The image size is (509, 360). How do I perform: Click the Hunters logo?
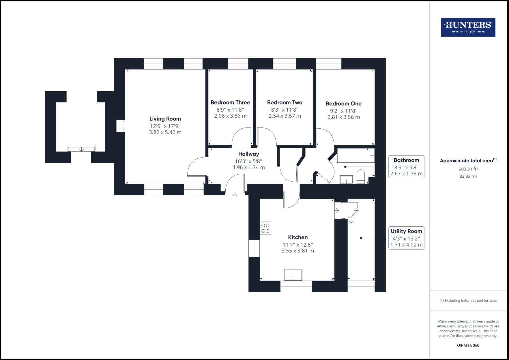[468, 27]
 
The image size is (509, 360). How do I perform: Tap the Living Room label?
[165, 119]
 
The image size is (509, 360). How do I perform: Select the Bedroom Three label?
[230, 102]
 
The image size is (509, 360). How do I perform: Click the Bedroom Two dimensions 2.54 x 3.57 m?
[285, 116]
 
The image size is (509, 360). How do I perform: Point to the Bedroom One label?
[343, 104]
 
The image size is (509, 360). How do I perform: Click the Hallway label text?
[248, 154]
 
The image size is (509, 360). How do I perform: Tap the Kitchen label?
[298, 237]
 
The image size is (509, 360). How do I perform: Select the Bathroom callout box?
[406, 167]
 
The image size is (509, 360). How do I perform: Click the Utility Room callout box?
[406, 238]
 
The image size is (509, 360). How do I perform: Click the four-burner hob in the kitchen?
[266, 228]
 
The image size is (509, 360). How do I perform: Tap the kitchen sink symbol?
[293, 275]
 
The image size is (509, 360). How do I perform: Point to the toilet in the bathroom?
[361, 177]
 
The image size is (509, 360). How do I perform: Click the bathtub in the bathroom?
[356, 156]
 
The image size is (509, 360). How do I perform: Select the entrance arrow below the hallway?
[235, 196]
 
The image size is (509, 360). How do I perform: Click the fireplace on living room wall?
[121, 126]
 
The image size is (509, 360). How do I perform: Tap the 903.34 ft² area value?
[468, 169]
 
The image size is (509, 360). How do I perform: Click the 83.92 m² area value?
[468, 176]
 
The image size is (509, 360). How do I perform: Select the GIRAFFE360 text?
[468, 345]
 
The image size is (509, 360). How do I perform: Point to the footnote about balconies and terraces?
[468, 300]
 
